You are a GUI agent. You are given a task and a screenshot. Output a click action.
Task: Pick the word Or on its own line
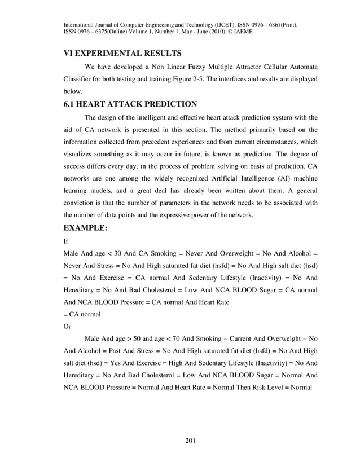(x=67, y=326)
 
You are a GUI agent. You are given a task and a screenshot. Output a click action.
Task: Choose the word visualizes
(x=80, y=153)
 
